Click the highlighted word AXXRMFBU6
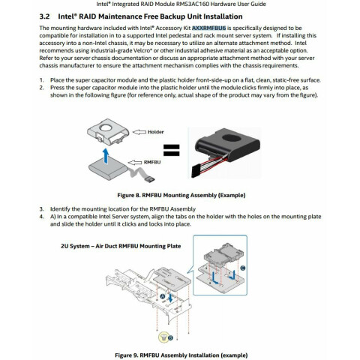click(x=208, y=28)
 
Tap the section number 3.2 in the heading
click(x=44, y=16)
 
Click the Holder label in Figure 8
click(x=155, y=132)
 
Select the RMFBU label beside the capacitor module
click(x=152, y=162)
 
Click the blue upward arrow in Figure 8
click(x=106, y=156)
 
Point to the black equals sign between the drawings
click(x=172, y=150)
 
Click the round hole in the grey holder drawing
click(x=106, y=127)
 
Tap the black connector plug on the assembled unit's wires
click(x=196, y=172)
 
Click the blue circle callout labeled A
click(x=163, y=296)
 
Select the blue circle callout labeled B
click(x=170, y=337)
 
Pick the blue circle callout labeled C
click(x=242, y=268)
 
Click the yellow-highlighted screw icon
click(x=163, y=337)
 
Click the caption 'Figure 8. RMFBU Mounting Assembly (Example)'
click(x=181, y=195)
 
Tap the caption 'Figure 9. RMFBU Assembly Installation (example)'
click(x=181, y=355)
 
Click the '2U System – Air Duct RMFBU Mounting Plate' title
click(x=121, y=246)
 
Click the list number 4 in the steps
click(x=41, y=217)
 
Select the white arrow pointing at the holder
click(x=139, y=132)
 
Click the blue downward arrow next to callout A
click(x=170, y=297)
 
